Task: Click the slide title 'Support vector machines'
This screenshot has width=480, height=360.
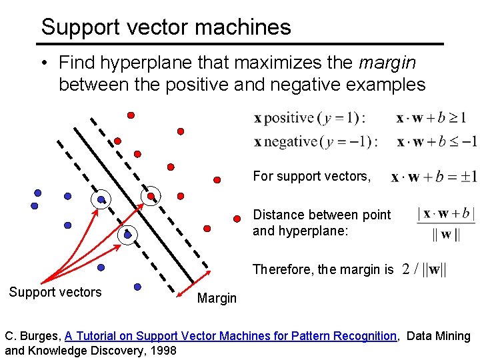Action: tap(166, 27)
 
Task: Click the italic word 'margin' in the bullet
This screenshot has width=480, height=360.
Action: tap(387, 63)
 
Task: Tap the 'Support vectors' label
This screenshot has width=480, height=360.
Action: tap(55, 292)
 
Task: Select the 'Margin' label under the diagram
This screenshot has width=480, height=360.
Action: tap(217, 298)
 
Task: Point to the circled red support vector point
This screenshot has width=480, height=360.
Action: tap(152, 196)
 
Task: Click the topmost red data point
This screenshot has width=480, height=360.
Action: tap(131, 115)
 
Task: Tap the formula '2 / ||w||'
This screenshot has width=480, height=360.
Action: tap(424, 269)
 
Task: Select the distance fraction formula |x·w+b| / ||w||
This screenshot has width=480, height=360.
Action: tap(437, 223)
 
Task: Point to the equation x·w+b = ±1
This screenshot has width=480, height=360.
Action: tap(433, 177)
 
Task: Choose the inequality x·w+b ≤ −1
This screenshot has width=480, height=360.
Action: tap(437, 141)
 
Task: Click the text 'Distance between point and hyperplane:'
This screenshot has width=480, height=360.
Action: tap(321, 223)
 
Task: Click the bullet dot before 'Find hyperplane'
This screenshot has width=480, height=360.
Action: tap(43, 63)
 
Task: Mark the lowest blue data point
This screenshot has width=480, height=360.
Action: tap(137, 287)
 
